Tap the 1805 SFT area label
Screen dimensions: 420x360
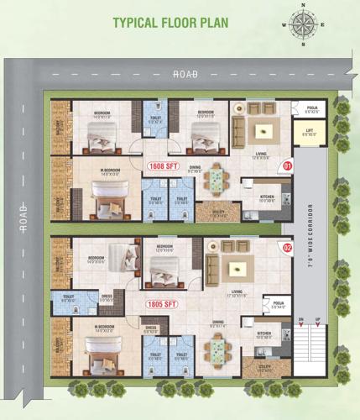point(163,304)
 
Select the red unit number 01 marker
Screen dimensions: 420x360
point(287,166)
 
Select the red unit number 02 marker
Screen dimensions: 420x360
point(287,248)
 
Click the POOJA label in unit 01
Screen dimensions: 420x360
point(311,109)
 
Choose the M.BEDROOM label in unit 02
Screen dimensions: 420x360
point(105,327)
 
